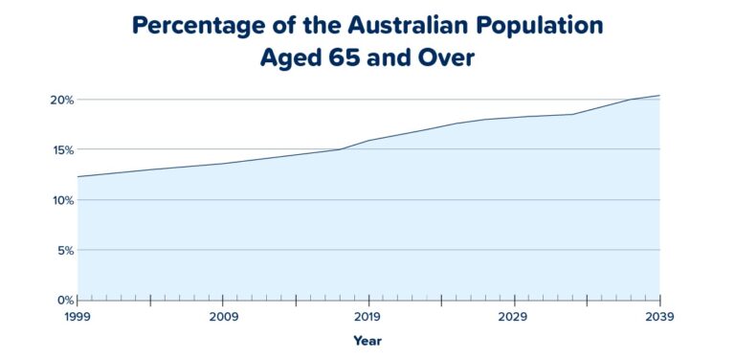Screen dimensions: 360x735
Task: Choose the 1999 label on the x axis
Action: coord(78,317)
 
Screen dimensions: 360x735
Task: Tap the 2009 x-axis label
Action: coord(223,317)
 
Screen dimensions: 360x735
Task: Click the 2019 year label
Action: coord(368,317)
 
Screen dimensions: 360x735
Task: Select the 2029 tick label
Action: coord(514,317)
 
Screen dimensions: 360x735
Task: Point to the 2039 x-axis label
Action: coord(659,317)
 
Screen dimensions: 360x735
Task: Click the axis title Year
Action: coord(367,341)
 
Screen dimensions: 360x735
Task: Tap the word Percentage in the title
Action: coord(197,26)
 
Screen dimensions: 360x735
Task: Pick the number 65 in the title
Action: coord(338,57)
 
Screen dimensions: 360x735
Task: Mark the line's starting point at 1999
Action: coord(78,176)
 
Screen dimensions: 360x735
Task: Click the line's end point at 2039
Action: coord(659,96)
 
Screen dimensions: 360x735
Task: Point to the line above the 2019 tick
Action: coord(368,141)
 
